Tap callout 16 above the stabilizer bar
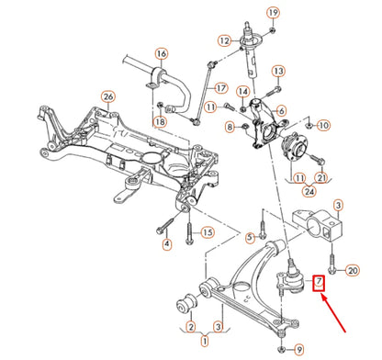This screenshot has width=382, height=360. point(161,53)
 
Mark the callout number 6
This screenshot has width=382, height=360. point(281,111)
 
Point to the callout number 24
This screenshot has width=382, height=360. point(309,192)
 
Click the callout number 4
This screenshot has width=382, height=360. point(167,244)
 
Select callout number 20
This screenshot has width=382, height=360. point(354,270)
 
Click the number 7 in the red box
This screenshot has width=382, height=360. point(319,281)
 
